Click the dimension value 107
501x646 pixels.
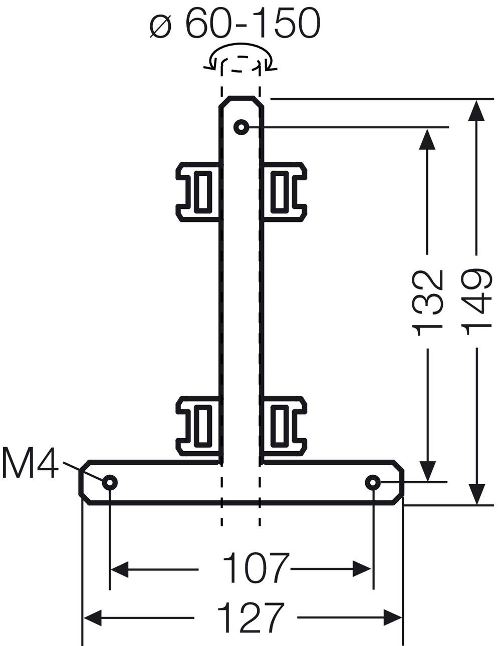click(256, 568)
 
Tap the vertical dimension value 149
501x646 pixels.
click(476, 299)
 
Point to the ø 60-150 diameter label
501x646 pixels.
click(235, 24)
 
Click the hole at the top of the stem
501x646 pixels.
click(241, 128)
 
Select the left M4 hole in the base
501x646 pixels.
click(110, 482)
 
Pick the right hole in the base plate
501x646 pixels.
click(372, 482)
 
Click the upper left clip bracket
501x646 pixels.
click(198, 191)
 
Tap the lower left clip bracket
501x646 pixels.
click(198, 425)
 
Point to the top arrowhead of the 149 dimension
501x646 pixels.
click(476, 110)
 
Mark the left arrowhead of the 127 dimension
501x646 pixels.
click(93, 617)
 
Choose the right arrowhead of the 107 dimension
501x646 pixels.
click(362, 568)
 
